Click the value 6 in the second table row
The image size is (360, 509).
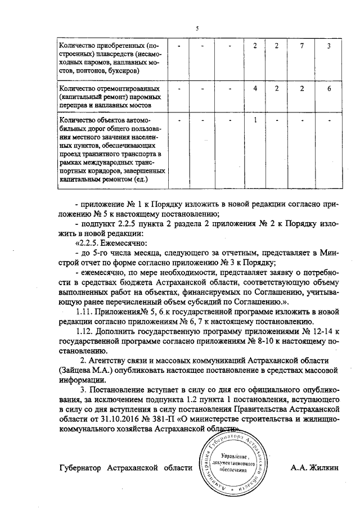tap(329, 89)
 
